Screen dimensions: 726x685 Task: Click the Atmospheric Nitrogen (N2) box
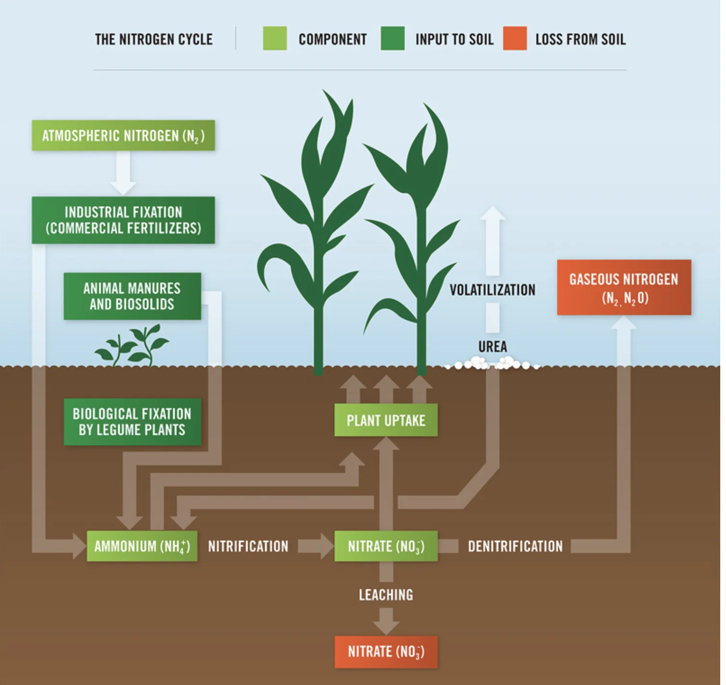point(123,135)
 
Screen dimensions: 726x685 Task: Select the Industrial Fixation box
point(123,220)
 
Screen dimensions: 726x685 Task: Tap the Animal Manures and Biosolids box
point(132,296)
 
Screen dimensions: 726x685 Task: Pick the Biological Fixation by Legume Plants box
point(132,422)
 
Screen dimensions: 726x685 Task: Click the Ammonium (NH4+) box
point(142,546)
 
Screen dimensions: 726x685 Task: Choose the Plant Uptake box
point(386,420)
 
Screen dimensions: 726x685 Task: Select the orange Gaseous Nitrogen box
point(624,288)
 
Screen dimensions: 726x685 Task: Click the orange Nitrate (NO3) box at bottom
point(386,652)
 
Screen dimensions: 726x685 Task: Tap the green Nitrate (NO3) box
point(386,546)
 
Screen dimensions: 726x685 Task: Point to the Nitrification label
point(248,546)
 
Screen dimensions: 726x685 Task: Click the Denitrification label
point(515,546)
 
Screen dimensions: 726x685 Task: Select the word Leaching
point(386,595)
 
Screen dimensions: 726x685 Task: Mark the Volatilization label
point(492,290)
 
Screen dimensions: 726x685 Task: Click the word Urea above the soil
point(492,346)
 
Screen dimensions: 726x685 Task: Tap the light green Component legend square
point(275,38)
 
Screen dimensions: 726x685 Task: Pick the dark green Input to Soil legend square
point(392,38)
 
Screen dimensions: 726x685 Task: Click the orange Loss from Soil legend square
point(515,38)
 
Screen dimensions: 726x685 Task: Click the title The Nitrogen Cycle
point(154,39)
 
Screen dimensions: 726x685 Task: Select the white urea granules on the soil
point(490,364)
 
